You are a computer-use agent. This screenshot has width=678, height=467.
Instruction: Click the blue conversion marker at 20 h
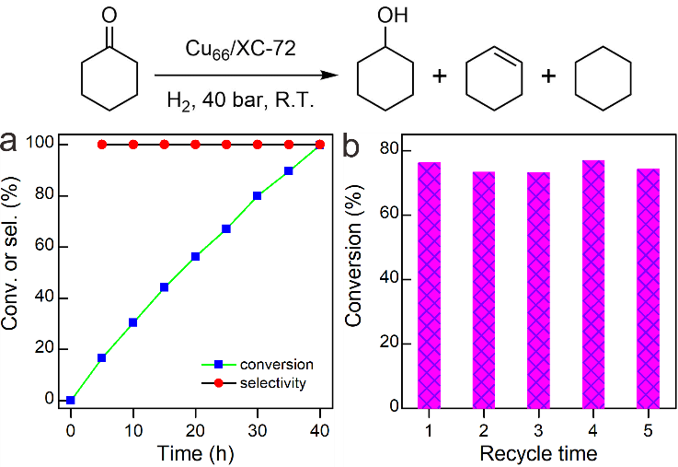(x=195, y=256)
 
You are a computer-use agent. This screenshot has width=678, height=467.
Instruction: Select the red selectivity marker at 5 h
(x=102, y=145)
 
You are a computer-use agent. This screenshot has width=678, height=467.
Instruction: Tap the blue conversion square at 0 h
(x=71, y=400)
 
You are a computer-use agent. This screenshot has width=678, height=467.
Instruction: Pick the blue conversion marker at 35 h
(x=289, y=171)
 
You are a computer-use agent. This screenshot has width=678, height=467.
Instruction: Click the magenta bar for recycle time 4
(x=593, y=285)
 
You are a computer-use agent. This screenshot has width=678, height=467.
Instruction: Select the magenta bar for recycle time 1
(x=429, y=286)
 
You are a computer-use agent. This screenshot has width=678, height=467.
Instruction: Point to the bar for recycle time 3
(x=538, y=290)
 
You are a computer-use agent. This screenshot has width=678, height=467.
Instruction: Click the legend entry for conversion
(x=258, y=365)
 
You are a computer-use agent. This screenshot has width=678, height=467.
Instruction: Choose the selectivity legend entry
(x=254, y=383)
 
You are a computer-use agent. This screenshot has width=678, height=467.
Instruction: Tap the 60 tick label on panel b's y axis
(x=389, y=215)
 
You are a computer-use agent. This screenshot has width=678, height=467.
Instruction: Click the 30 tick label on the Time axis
(x=258, y=431)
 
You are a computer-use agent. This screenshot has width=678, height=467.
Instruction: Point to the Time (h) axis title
(x=195, y=453)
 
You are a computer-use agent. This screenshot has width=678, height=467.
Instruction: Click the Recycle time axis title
(x=539, y=453)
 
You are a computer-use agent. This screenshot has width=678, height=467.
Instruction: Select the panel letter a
(x=8, y=142)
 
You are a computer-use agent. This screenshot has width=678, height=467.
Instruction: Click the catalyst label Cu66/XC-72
(x=241, y=49)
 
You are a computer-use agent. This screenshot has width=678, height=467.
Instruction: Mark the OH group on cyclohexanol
(x=393, y=16)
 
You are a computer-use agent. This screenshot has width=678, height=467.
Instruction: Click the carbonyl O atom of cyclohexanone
(x=109, y=16)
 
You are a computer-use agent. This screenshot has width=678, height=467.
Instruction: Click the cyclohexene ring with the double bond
(x=494, y=78)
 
